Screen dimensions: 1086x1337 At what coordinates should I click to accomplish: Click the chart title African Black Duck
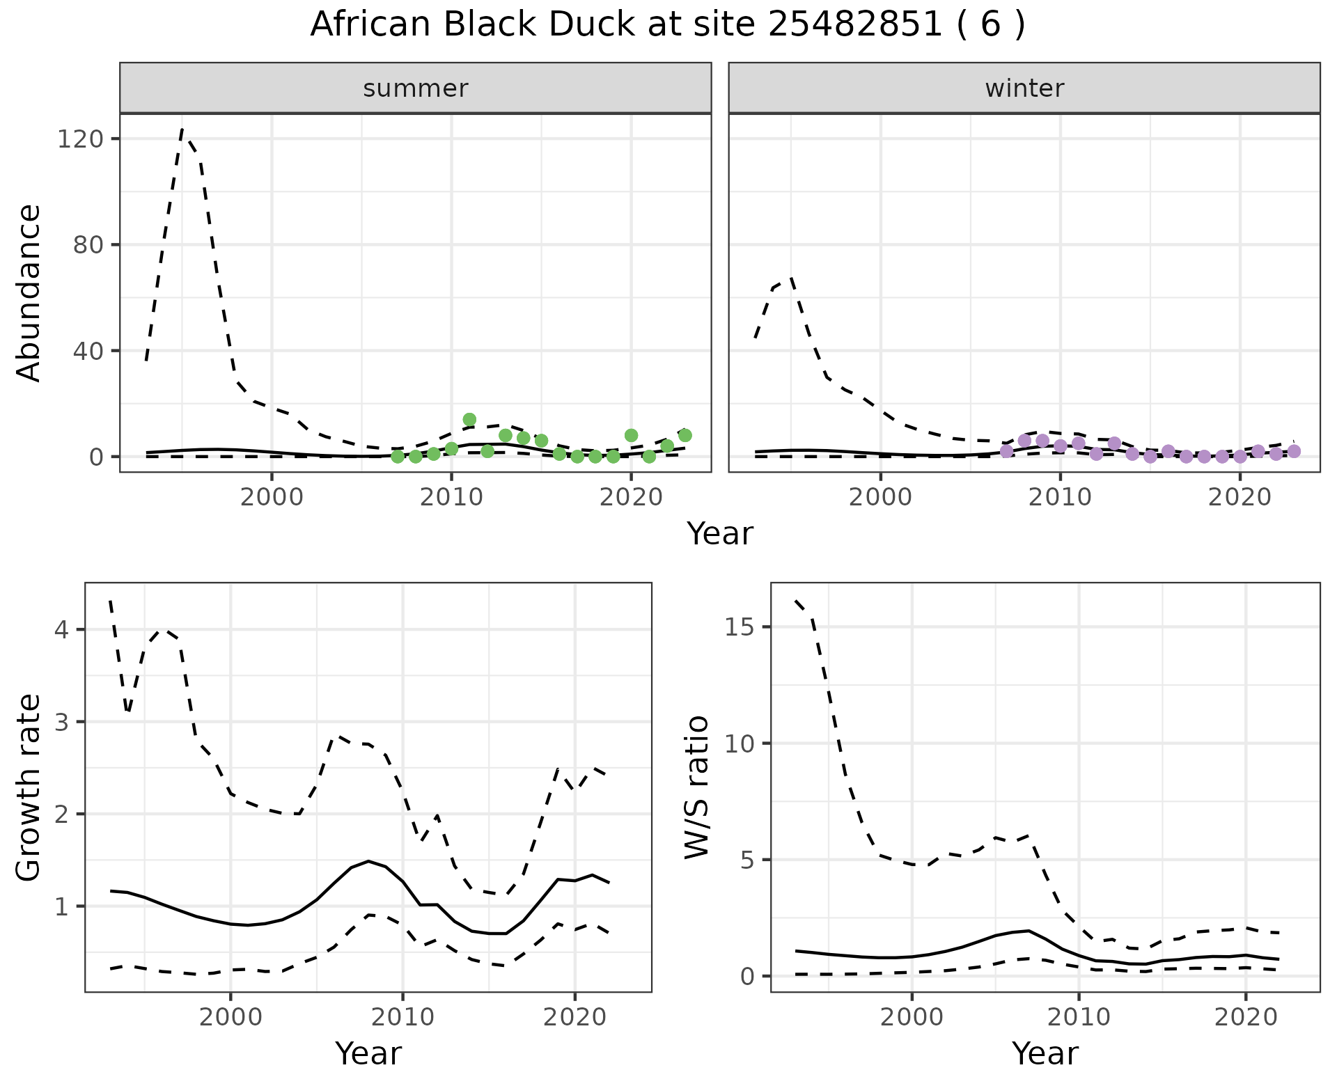(x=667, y=25)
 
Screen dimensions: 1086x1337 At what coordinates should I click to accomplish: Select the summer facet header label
(x=416, y=88)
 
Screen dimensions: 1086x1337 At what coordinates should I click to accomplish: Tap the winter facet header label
(x=1024, y=88)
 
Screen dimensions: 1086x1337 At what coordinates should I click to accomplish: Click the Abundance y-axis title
(x=29, y=292)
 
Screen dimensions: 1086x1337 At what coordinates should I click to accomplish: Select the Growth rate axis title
(x=29, y=787)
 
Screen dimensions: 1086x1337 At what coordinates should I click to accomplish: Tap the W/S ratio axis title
(x=696, y=787)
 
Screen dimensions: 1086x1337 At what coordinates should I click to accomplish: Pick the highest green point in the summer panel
(x=469, y=420)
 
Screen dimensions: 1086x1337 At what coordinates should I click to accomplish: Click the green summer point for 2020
(x=632, y=436)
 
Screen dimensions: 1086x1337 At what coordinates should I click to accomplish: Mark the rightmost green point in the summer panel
(x=685, y=435)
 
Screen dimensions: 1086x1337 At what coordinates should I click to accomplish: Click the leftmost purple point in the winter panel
(x=1006, y=451)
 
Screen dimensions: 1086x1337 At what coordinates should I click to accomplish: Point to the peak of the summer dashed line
(x=182, y=129)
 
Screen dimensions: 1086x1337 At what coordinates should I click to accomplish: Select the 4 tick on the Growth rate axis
(x=61, y=630)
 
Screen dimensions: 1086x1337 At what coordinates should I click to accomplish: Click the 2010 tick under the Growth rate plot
(x=402, y=1017)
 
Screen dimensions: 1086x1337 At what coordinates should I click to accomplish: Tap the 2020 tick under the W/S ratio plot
(x=1246, y=1017)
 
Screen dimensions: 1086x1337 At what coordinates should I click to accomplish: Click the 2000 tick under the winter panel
(x=881, y=498)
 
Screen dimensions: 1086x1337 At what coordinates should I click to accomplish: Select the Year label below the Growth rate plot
(x=368, y=1053)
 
